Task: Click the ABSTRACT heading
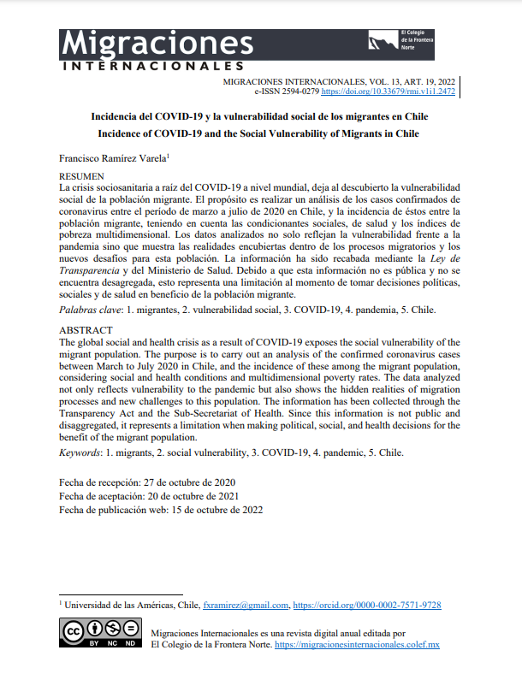click(x=85, y=330)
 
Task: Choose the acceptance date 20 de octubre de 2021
click(x=195, y=496)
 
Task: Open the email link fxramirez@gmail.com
click(x=246, y=605)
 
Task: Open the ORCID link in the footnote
click(x=367, y=605)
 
